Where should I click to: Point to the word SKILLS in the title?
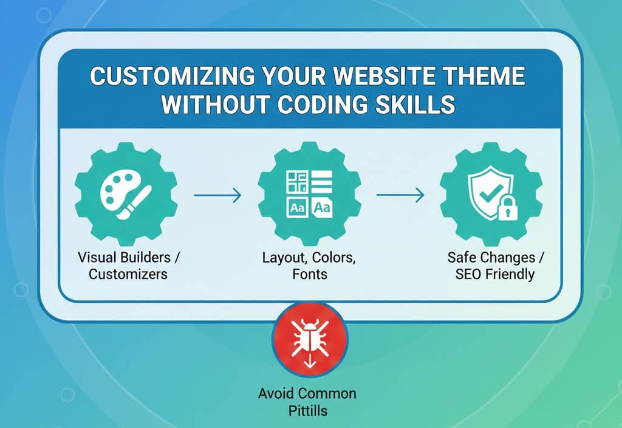pos(415,105)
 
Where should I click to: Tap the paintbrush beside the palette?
pos(139,193)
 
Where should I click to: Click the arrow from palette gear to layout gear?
pos(217,195)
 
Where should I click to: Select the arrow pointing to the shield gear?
pos(400,195)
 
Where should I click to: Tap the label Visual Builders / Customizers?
pos(129,265)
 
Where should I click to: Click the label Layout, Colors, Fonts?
pos(309,265)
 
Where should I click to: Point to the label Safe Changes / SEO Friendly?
pos(495,265)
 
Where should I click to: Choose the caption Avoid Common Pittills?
pos(307,401)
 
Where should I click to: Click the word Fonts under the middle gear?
pos(309,274)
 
